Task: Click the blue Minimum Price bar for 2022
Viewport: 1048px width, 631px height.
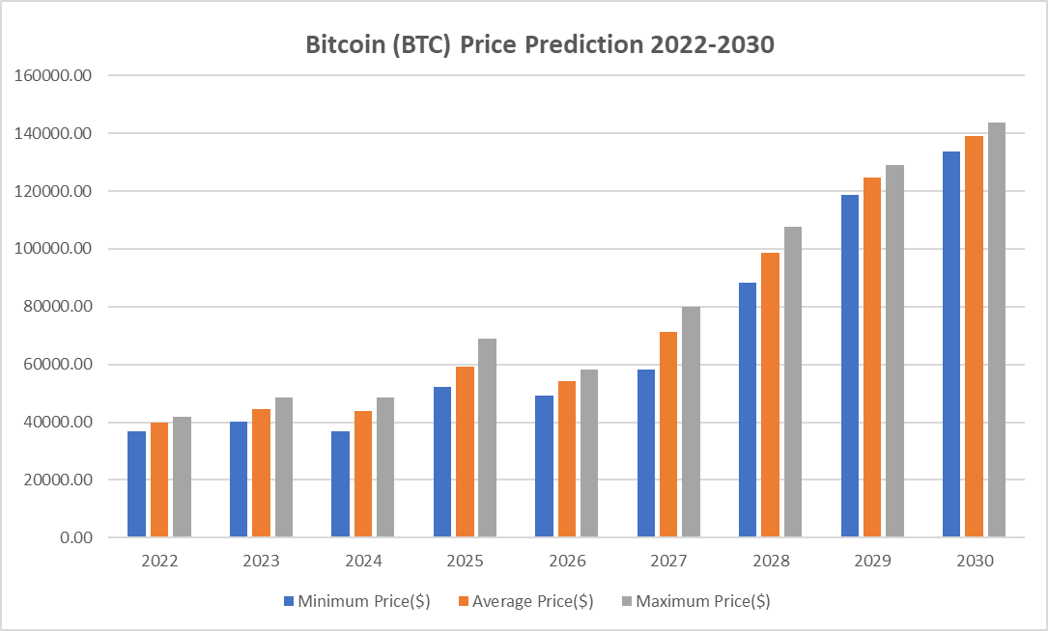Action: pos(137,483)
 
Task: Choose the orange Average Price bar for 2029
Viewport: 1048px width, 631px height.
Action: pos(872,357)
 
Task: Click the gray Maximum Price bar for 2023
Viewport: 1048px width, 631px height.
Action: pos(283,467)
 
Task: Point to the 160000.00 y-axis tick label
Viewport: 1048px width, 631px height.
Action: pos(54,75)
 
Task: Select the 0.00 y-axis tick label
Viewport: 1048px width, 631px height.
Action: pos(76,537)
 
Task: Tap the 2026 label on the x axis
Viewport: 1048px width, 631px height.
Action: pos(567,561)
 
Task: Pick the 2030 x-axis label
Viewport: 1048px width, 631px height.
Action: pos(975,561)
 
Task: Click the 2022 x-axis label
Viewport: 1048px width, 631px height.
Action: pos(159,561)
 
